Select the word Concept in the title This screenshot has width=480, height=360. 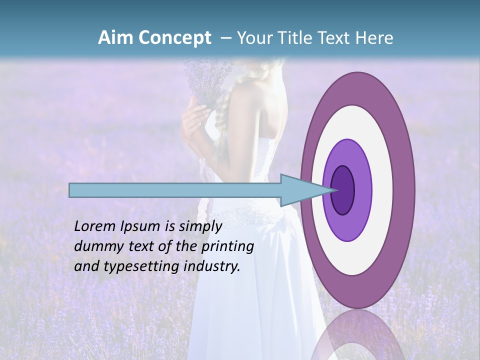pyautogui.click(x=175, y=38)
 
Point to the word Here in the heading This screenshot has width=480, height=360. pyautogui.click(x=374, y=38)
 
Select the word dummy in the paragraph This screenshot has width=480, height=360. pyautogui.click(x=95, y=246)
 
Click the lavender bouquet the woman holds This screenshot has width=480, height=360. pyautogui.click(x=205, y=80)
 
